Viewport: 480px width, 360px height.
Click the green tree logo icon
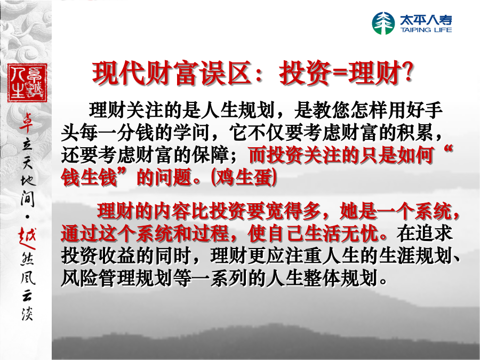click(x=383, y=23)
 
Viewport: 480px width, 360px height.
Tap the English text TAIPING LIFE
click(x=426, y=30)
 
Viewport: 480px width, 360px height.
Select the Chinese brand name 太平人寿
click(x=426, y=20)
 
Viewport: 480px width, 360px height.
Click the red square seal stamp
click(x=27, y=83)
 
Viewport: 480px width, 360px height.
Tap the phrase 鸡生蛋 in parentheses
click(x=244, y=178)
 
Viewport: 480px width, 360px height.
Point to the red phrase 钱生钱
click(x=89, y=178)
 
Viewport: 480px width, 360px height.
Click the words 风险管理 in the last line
click(x=98, y=278)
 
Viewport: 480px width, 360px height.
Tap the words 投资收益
click(x=98, y=255)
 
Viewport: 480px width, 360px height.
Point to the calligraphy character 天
click(x=27, y=161)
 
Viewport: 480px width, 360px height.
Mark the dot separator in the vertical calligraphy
click(x=28, y=217)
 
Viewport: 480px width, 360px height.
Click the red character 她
click(x=349, y=211)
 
